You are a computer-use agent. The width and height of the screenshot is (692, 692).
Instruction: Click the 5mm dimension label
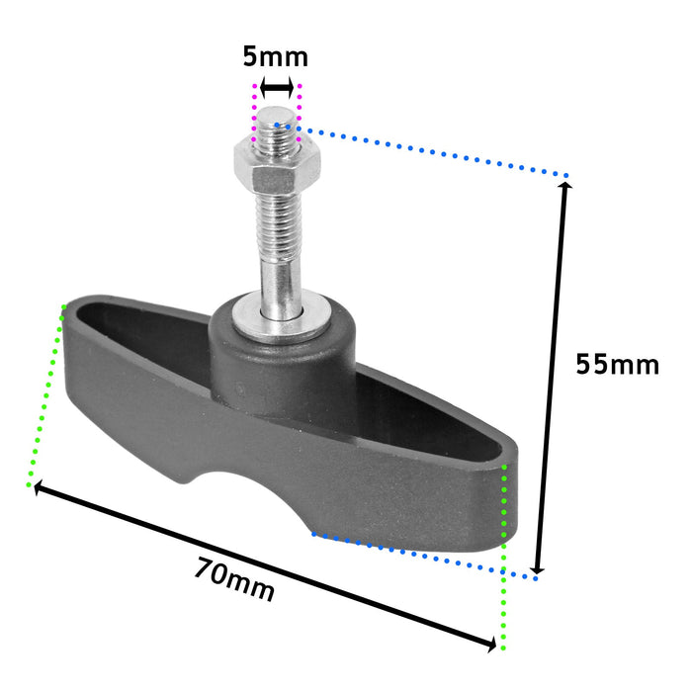click(x=275, y=56)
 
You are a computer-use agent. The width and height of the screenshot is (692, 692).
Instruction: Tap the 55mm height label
click(x=617, y=365)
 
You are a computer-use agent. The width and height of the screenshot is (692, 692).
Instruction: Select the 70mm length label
click(x=234, y=580)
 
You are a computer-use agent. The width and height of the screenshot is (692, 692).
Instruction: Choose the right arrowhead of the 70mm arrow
click(x=490, y=646)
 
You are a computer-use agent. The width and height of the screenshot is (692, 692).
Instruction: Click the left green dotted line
click(x=47, y=395)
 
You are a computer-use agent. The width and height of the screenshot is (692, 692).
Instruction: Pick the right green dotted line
click(x=505, y=554)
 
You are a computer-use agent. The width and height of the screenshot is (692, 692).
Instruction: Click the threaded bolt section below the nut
click(x=278, y=222)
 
